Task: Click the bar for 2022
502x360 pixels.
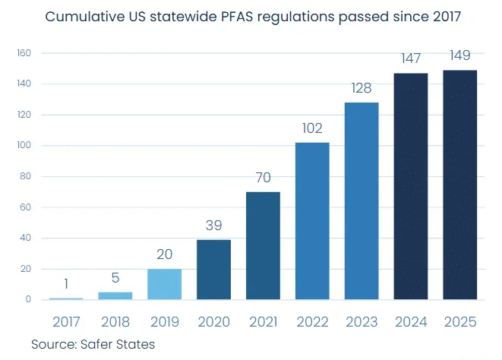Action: pos(312,220)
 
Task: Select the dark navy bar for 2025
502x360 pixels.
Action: pos(460,185)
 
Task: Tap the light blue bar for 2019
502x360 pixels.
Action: pos(164,284)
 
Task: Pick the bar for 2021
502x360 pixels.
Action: pos(263,245)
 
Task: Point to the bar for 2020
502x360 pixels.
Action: pos(213,269)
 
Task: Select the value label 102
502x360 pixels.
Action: pos(312,128)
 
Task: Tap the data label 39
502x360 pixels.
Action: pos(213,226)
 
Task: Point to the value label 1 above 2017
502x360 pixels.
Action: pos(66,284)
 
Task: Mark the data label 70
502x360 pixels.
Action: pos(263,178)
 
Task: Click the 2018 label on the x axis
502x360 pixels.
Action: pos(115,322)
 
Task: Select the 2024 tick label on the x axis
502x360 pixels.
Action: pos(411,322)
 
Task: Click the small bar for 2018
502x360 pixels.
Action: pos(115,295)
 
